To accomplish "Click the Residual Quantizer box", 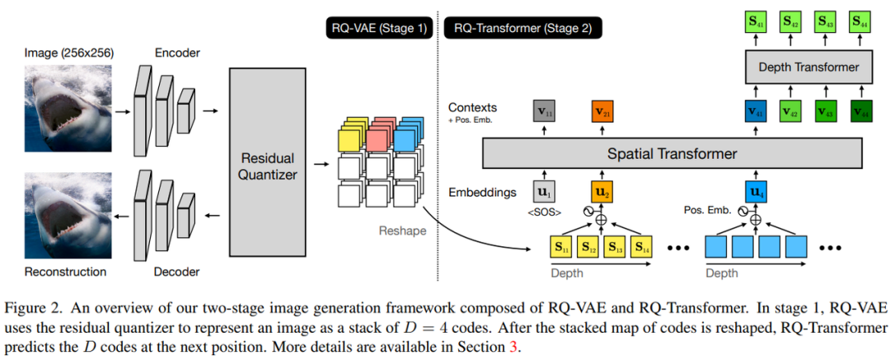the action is (x=267, y=161).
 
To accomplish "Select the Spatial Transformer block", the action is (x=672, y=153).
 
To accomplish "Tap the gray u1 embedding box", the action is (x=545, y=192).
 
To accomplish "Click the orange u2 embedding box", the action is (x=602, y=192).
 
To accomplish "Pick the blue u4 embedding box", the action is (x=755, y=192).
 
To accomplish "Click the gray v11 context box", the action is (x=545, y=110).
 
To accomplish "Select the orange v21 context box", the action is (x=602, y=110).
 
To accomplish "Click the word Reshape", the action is (x=402, y=231).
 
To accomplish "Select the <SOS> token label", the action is (x=544, y=213).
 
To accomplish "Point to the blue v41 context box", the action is (x=755, y=110).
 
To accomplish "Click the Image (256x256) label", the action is (x=68, y=53).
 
